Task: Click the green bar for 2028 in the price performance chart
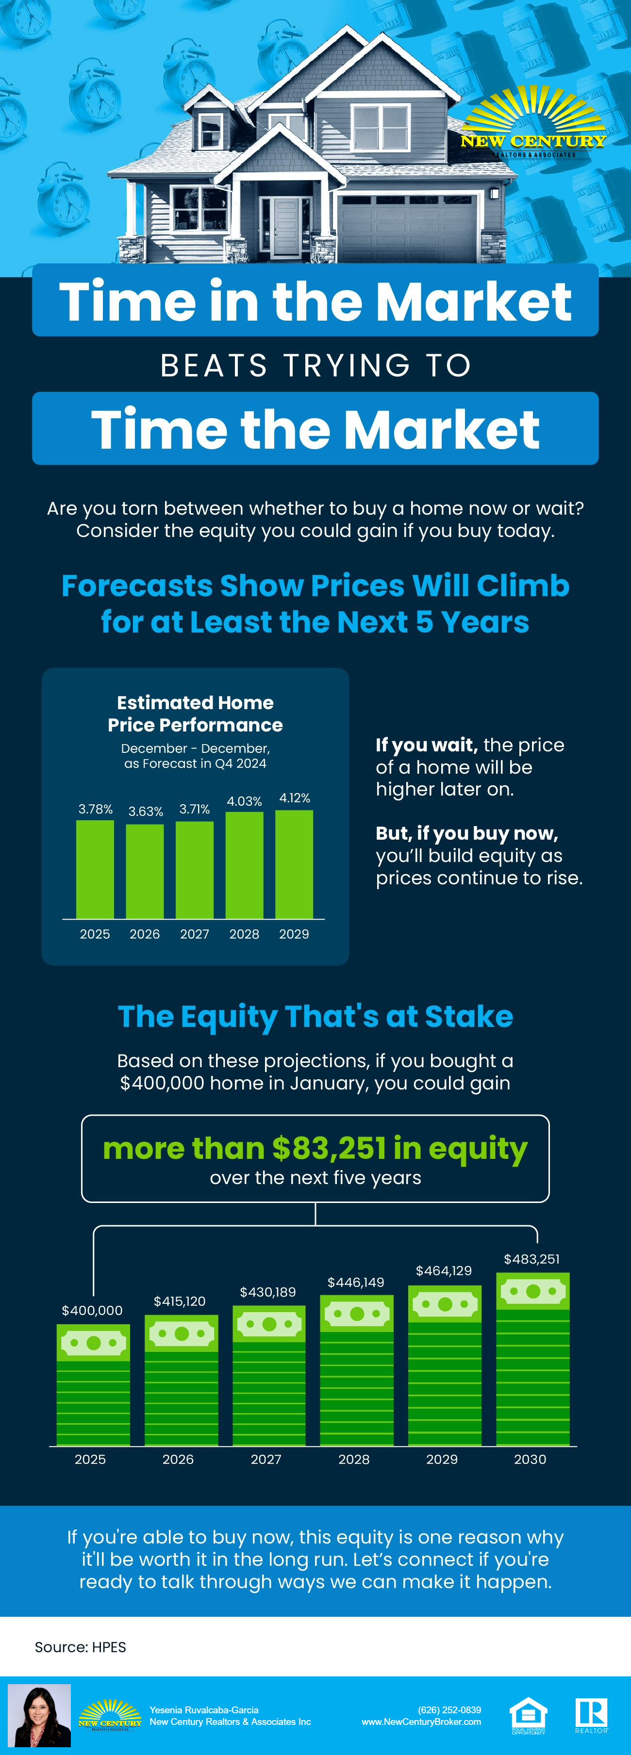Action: [x=244, y=865]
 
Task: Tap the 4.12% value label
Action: [x=294, y=798]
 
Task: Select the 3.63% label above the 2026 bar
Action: [x=146, y=812]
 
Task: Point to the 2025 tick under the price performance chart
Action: [x=95, y=934]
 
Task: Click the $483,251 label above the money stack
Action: [x=531, y=1259]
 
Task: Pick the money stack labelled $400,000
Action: [x=93, y=1385]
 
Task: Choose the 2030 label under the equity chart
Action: [x=530, y=1459]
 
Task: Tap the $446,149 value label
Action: [x=356, y=1282]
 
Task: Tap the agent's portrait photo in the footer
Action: [x=39, y=1716]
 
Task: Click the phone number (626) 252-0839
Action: [x=450, y=1710]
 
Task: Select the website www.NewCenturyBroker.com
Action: [x=421, y=1722]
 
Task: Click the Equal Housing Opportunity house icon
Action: [x=528, y=1716]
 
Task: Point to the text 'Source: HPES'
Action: [x=81, y=1647]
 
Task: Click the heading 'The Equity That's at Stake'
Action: [x=315, y=1017]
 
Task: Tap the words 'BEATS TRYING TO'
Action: [x=315, y=365]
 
